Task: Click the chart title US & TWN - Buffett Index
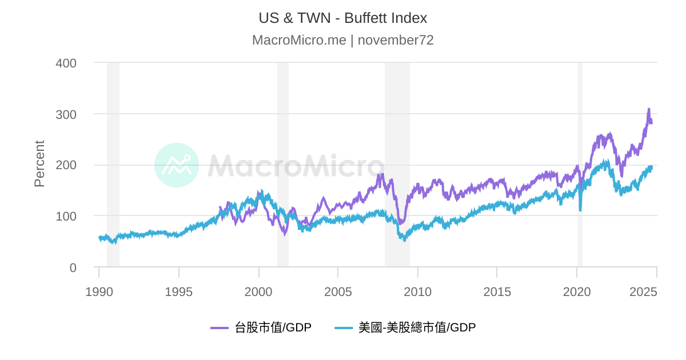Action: (x=342, y=18)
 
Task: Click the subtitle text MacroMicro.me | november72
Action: (x=342, y=40)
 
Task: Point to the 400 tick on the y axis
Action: (x=66, y=63)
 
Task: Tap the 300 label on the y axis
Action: (x=66, y=114)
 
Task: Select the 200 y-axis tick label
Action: (x=66, y=165)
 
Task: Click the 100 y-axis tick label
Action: (x=66, y=216)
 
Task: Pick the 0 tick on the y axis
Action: (x=72, y=267)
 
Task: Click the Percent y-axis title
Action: (x=39, y=163)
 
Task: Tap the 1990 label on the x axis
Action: (x=99, y=292)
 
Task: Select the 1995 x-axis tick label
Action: (x=179, y=292)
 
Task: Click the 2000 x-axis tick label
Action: (x=258, y=292)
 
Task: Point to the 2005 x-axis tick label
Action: (x=338, y=292)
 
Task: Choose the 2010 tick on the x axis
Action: (x=417, y=292)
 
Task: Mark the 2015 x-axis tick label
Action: (x=497, y=292)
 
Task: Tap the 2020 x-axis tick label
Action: (x=577, y=292)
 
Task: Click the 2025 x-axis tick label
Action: (x=644, y=292)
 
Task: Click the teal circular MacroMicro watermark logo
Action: (x=177, y=165)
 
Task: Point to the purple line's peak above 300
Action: (x=648, y=109)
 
